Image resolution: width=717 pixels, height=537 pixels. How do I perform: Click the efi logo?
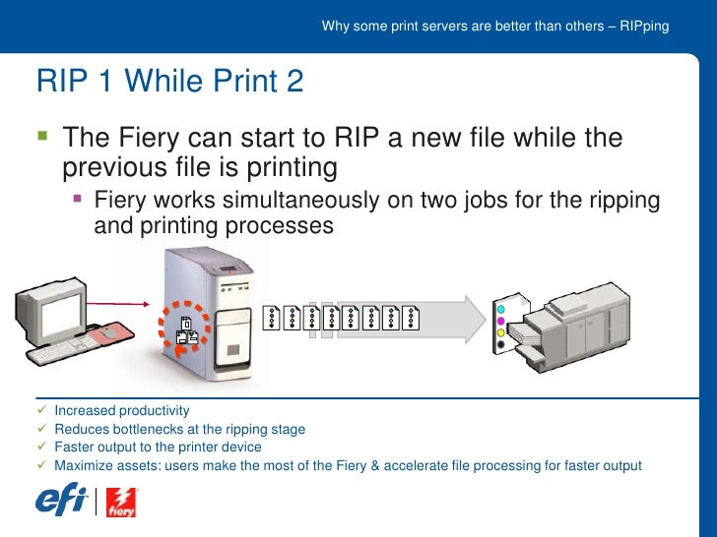tap(61, 500)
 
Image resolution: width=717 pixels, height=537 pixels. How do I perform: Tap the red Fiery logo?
tap(122, 503)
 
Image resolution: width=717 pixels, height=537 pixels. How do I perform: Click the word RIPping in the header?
tap(644, 27)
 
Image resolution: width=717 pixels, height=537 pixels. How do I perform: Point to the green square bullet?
tap(42, 135)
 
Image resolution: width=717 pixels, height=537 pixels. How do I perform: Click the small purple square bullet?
tap(77, 199)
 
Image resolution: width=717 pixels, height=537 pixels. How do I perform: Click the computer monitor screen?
tap(63, 314)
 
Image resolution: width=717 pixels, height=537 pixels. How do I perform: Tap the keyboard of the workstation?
tap(63, 350)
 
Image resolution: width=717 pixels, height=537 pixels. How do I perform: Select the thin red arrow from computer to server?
tap(118, 304)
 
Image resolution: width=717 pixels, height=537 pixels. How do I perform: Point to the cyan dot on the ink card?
tap(500, 310)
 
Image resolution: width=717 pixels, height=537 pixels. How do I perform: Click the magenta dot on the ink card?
tap(500, 321)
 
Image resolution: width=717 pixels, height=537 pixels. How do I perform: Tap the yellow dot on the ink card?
tap(500, 332)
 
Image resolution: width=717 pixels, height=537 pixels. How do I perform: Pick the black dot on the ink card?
tap(500, 344)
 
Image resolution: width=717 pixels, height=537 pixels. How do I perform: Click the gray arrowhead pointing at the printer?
tap(476, 320)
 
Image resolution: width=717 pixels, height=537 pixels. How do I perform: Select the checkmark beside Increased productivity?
tap(42, 409)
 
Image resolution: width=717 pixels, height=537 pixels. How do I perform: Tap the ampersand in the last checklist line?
tap(375, 466)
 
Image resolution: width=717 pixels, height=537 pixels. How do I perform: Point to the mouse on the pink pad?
tap(109, 332)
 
